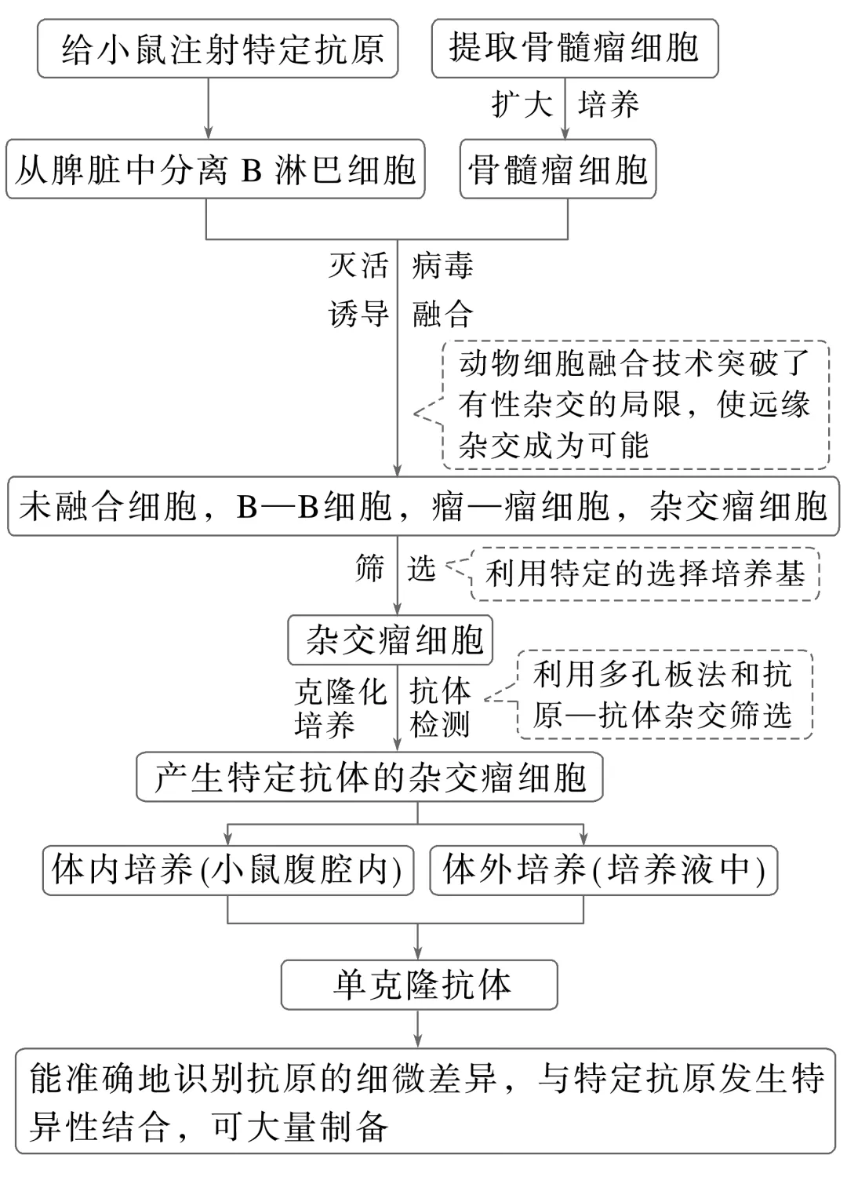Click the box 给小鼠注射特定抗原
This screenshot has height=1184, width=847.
[x=217, y=49]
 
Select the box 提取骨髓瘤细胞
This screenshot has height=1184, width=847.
[x=574, y=49]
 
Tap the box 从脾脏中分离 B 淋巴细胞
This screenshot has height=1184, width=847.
[x=215, y=169]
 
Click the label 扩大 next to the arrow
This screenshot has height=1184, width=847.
[x=521, y=104]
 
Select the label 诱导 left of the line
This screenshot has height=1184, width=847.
[x=358, y=315]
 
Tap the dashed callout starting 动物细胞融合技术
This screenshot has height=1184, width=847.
[x=634, y=405]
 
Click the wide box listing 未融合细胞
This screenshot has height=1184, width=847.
[x=423, y=507]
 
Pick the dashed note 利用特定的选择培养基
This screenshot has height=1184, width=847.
[x=645, y=574]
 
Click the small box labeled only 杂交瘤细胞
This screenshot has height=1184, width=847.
[x=390, y=639]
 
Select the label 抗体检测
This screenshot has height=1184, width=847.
[x=440, y=708]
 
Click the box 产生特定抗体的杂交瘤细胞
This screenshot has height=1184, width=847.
[x=369, y=778]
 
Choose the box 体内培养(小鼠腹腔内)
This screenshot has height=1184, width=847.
[x=227, y=870]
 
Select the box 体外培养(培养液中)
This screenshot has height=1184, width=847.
[x=603, y=870]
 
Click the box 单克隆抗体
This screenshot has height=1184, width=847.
[x=420, y=985]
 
